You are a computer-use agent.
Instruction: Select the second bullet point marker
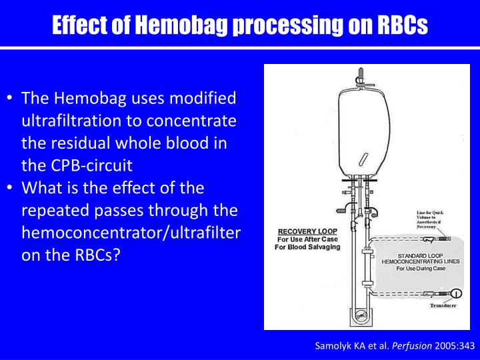click(12, 189)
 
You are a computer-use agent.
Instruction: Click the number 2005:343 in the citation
click(443, 345)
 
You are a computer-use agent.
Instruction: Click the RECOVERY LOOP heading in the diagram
click(303, 232)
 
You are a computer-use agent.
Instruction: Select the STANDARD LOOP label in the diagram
click(416, 255)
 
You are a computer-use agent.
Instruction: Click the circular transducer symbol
click(457, 293)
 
